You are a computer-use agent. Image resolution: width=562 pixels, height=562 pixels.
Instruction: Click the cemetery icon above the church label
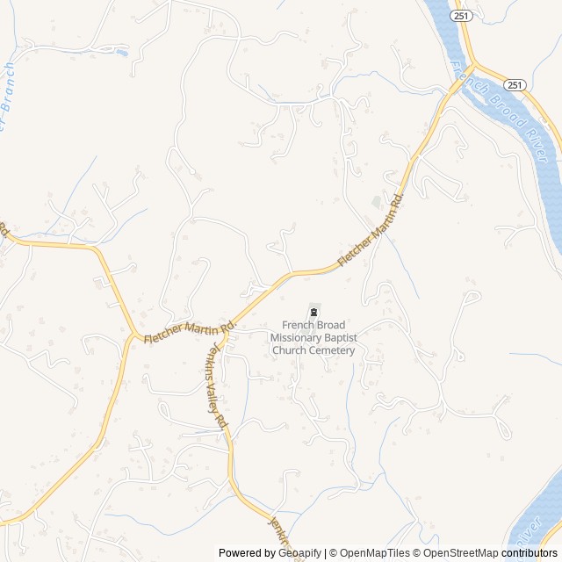313,312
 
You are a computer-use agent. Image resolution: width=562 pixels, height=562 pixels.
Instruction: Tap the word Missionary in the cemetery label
299,338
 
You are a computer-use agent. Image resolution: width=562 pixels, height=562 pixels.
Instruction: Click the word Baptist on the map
344,338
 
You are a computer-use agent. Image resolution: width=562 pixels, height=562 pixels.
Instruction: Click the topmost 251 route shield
463,16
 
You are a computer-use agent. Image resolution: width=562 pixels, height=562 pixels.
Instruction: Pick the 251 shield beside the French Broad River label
515,84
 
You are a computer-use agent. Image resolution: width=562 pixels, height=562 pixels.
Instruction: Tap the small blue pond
122,54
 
